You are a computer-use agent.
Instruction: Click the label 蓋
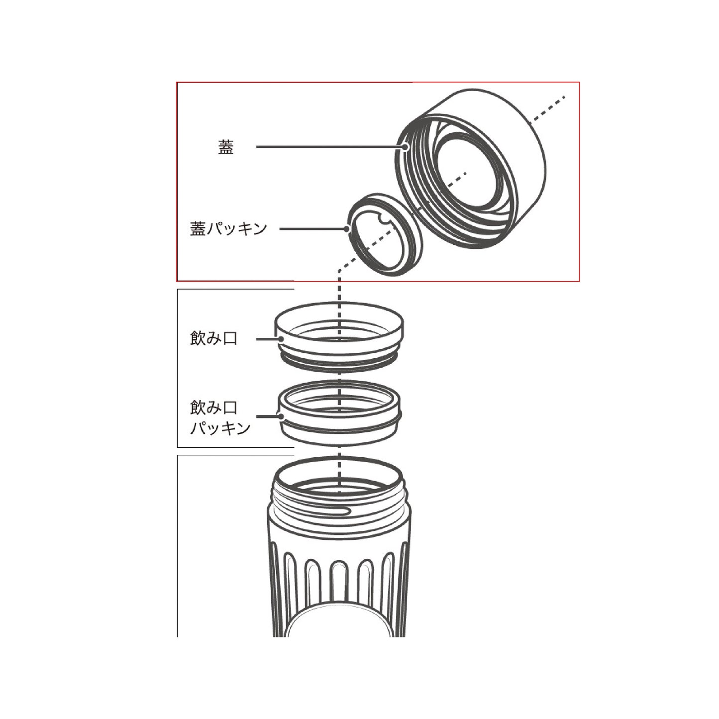pyautogui.click(x=226, y=147)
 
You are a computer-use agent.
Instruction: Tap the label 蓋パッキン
pyautogui.click(x=228, y=229)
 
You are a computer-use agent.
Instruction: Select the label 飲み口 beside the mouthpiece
pyautogui.click(x=213, y=338)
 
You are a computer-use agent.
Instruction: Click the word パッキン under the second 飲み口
pyautogui.click(x=220, y=428)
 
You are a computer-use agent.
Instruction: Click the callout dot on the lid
pyautogui.click(x=406, y=147)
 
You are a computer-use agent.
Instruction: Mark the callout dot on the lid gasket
pyautogui.click(x=347, y=229)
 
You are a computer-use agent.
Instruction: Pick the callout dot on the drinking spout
pyautogui.click(x=281, y=339)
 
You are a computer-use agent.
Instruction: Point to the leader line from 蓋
pyautogui.click(x=329, y=147)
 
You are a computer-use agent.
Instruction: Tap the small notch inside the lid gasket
pyautogui.click(x=384, y=221)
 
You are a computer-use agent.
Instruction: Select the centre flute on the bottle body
pyautogui.click(x=339, y=590)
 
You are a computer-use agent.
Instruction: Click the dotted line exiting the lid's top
pyautogui.click(x=548, y=108)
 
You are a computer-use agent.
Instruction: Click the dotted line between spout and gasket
pyautogui.click(x=339, y=377)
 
